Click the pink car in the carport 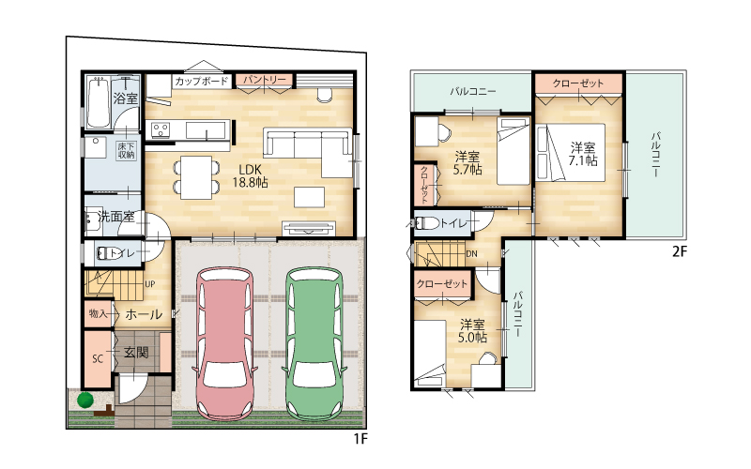pos(224,343)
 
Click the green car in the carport pos(314,343)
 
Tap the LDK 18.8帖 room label pos(250,175)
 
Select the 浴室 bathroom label pos(126,98)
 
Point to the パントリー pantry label pos(264,80)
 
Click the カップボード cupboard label pos(201,81)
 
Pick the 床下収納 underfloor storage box pos(127,151)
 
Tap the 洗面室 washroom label pos(116,217)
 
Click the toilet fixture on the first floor pos(106,253)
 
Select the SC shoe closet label pos(98,358)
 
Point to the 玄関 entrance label pos(136,353)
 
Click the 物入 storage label pos(98,314)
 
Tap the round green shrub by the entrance pos(85,400)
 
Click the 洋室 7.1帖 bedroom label pos(583,154)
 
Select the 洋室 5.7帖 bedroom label pos(467,162)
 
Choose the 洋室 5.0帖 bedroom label pos(473,331)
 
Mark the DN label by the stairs pos(471,253)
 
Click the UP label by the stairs pos(150,284)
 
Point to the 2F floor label pos(680,251)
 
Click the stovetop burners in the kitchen pos(161,129)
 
